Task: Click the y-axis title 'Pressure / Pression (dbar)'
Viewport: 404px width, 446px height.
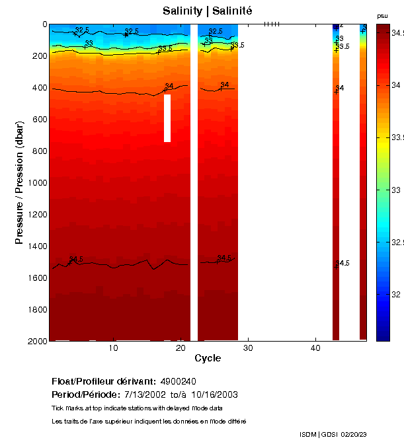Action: [x=19, y=182]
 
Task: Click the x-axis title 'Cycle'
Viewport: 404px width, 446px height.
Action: [x=203, y=358]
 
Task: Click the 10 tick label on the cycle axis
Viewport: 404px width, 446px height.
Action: [x=114, y=348]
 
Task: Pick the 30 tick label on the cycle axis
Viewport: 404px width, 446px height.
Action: [x=248, y=348]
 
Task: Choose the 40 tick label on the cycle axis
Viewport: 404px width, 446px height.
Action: [x=315, y=348]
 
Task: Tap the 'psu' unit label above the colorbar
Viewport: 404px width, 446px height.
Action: [x=382, y=15]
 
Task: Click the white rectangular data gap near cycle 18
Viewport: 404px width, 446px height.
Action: [x=167, y=118]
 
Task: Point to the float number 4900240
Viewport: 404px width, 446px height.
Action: [x=178, y=382]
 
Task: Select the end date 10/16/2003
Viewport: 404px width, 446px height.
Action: [x=214, y=394]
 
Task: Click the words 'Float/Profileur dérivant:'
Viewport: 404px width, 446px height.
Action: [x=103, y=382]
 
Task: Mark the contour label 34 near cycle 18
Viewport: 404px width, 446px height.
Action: [x=169, y=86]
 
